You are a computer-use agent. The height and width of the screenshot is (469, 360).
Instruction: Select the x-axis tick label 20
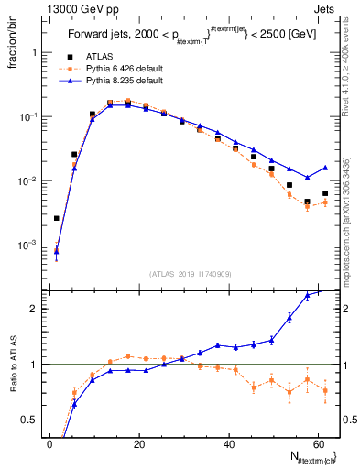(x=138, y=444)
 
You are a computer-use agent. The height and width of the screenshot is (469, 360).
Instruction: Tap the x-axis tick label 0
(x=49, y=444)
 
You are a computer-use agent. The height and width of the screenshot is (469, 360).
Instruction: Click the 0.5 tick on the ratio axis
(x=31, y=420)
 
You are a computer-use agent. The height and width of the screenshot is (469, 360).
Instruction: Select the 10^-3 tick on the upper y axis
(x=27, y=245)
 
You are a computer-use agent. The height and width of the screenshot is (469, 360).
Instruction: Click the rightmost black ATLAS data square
(x=325, y=193)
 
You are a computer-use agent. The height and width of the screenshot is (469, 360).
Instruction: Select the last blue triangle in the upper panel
(x=325, y=168)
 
